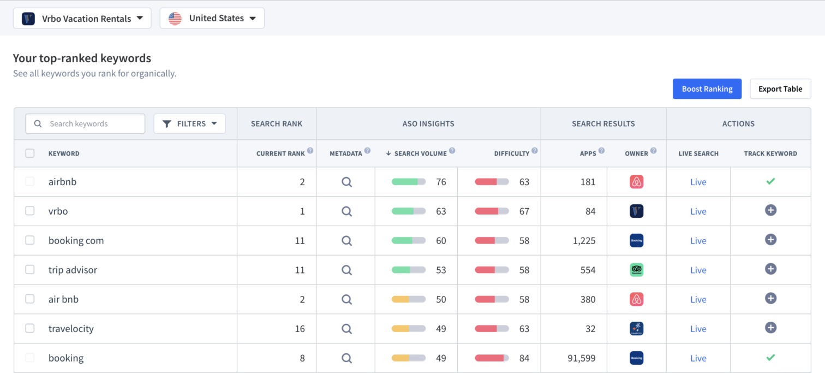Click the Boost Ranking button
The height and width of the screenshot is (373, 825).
pos(707,89)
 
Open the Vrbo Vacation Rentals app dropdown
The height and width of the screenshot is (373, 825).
pos(82,19)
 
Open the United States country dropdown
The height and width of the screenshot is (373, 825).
pos(212,19)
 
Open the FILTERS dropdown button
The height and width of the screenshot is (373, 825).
pos(189,124)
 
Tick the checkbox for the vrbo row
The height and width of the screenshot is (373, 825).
pos(30,211)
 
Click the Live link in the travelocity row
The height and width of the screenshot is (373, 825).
pos(698,329)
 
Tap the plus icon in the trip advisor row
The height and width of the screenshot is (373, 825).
pos(770,269)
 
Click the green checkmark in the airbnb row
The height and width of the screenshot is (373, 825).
pos(770,181)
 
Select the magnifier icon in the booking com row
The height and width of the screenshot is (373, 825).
pos(346,240)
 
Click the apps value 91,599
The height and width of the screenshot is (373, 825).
pos(581,358)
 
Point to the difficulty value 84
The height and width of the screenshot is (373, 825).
pos(524,358)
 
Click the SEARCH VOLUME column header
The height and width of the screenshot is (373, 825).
pos(420,153)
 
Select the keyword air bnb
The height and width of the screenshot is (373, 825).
pos(63,299)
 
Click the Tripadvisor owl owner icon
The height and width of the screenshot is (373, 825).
pos(636,270)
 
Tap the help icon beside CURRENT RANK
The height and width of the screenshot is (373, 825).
pos(310,151)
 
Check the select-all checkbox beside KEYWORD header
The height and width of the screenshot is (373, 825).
pos(30,153)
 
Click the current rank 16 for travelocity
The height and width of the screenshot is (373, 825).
pos(300,329)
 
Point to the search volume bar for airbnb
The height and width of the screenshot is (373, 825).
pos(408,182)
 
